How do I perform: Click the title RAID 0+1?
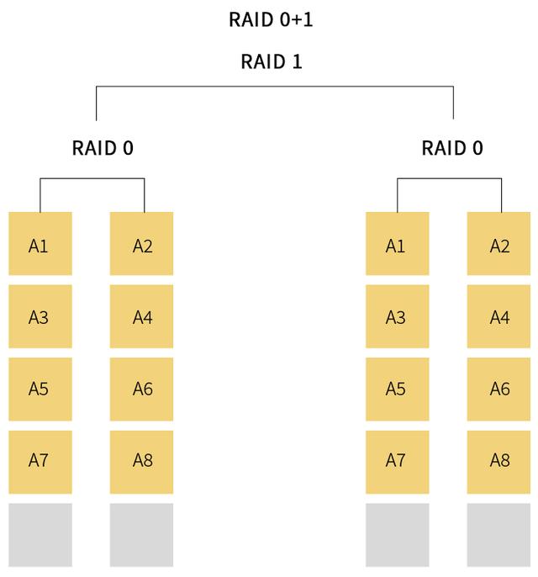click(271, 19)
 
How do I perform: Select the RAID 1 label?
click(271, 61)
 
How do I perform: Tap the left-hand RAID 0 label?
click(103, 149)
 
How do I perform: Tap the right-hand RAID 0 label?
click(452, 149)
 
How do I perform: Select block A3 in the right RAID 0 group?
click(397, 316)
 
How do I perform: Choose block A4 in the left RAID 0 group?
click(142, 316)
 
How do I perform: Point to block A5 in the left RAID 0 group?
click(40, 389)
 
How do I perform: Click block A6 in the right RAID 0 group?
click(498, 389)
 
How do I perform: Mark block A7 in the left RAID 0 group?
click(40, 462)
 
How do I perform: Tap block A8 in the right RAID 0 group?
click(498, 462)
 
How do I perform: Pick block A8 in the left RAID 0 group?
click(142, 462)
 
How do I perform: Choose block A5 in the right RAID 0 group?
click(397, 389)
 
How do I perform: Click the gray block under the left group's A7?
click(40, 535)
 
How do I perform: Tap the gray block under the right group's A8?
click(498, 535)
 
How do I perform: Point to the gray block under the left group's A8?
click(142, 535)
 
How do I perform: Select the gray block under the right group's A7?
click(397, 535)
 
